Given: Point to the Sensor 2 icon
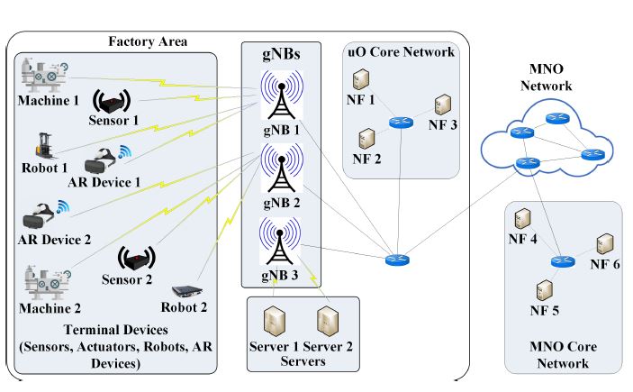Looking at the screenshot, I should [x=135, y=259].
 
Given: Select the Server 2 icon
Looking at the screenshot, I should [x=328, y=322].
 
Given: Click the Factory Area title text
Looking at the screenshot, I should [x=149, y=41].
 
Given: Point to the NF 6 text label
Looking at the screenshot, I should [x=605, y=264].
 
